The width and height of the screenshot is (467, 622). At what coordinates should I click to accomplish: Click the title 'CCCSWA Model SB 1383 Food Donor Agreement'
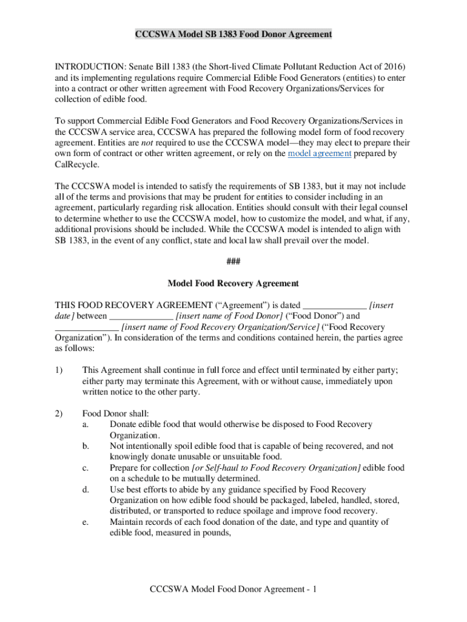click(x=233, y=35)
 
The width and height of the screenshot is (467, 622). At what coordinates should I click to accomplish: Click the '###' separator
click(x=233, y=262)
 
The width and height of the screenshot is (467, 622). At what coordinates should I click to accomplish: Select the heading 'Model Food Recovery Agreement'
click(x=233, y=284)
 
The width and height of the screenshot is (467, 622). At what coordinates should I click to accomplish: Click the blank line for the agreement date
click(x=334, y=306)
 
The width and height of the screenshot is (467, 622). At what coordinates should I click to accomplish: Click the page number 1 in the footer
click(x=316, y=589)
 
